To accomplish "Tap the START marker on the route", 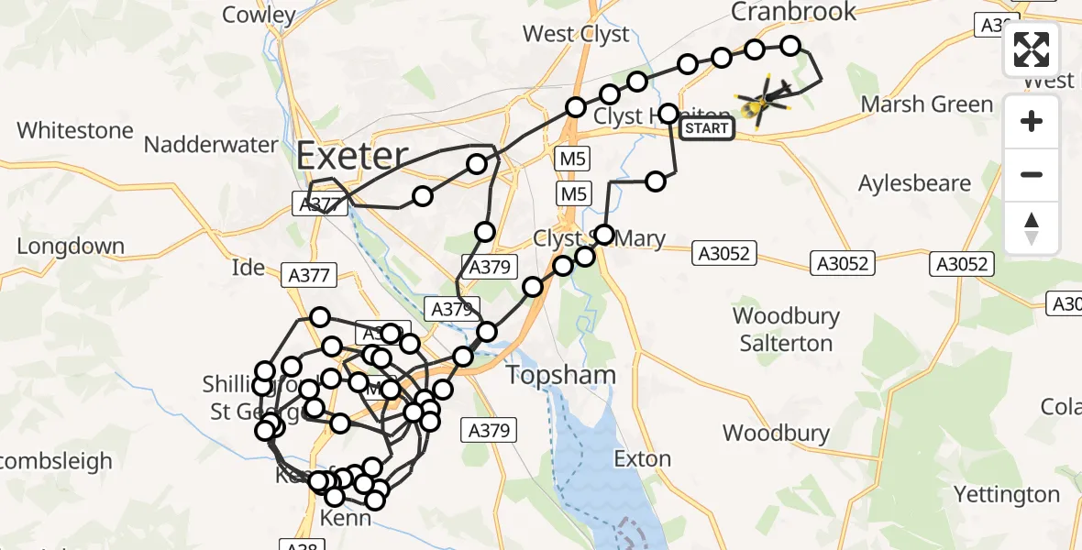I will click(x=707, y=128).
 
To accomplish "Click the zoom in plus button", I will click(x=1032, y=121).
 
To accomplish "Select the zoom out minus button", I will click(x=1032, y=174).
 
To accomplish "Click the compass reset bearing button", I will click(x=1032, y=227).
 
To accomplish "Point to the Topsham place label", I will click(x=561, y=375).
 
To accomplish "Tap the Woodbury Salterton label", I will click(x=786, y=330).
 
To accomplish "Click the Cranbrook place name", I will click(x=793, y=12).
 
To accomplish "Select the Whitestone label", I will click(x=75, y=130).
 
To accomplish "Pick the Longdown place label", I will click(x=71, y=246).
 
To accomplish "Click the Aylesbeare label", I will click(x=914, y=183).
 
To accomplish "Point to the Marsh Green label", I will click(x=927, y=104).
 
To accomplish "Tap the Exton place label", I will click(x=642, y=458).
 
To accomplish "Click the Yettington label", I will click(x=1007, y=495).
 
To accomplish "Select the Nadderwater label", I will click(x=211, y=144).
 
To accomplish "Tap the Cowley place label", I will click(x=259, y=15).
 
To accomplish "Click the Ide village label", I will click(x=248, y=268).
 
